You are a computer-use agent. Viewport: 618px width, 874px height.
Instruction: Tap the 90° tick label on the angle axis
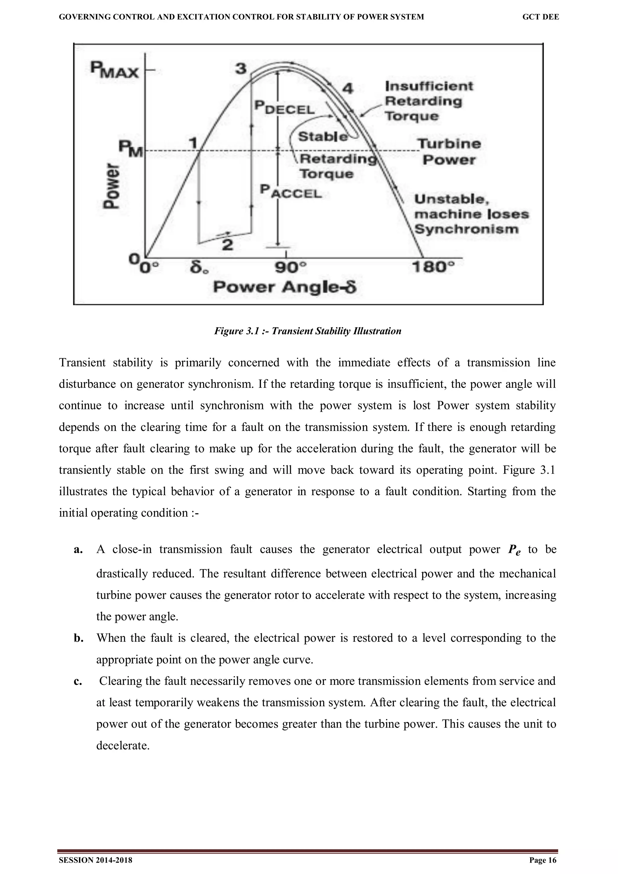[291, 268]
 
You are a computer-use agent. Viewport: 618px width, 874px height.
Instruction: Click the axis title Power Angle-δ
[285, 287]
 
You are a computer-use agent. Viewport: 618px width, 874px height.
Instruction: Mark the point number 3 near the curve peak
[241, 69]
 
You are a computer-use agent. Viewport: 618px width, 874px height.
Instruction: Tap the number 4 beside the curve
[347, 89]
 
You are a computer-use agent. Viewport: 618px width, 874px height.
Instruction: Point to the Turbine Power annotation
[449, 151]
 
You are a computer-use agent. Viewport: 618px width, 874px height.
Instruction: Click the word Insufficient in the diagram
[429, 86]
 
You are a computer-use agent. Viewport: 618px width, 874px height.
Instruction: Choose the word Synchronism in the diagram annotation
[467, 229]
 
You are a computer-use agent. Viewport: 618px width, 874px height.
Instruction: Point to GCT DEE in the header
[540, 17]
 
